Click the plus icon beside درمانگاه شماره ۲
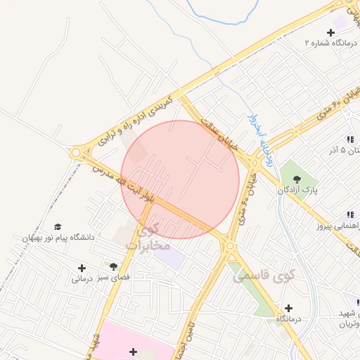(330, 32)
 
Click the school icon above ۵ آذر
(349, 139)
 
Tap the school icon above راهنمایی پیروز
(349, 215)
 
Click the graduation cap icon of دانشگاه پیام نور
(58, 226)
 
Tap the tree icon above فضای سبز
(113, 266)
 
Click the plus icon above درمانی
(82, 267)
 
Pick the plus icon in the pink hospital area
(133, 351)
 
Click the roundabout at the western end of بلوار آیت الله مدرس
(76, 153)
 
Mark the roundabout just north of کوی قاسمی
(230, 245)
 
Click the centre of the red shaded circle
(180, 179)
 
